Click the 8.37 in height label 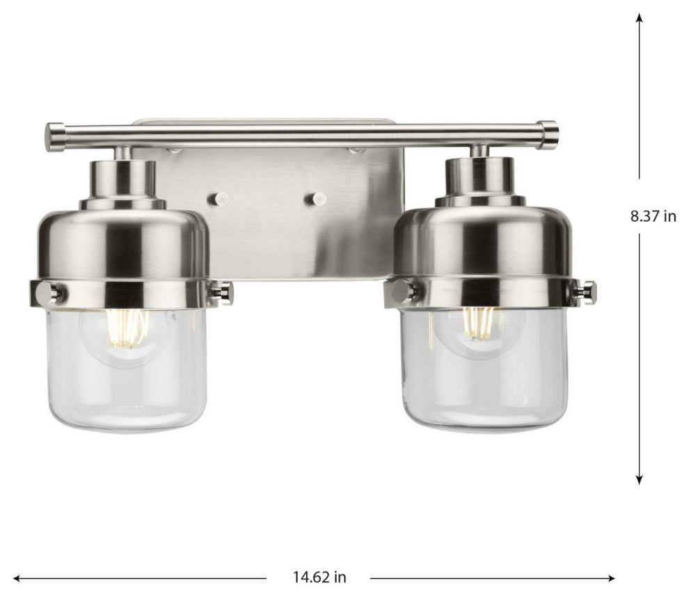[x=653, y=216]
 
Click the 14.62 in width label [x=319, y=576]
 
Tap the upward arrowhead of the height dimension [x=640, y=17]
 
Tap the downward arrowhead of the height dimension [x=640, y=479]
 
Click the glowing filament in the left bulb [x=127, y=328]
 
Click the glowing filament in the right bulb [x=479, y=323]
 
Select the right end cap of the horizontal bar [x=549, y=134]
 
